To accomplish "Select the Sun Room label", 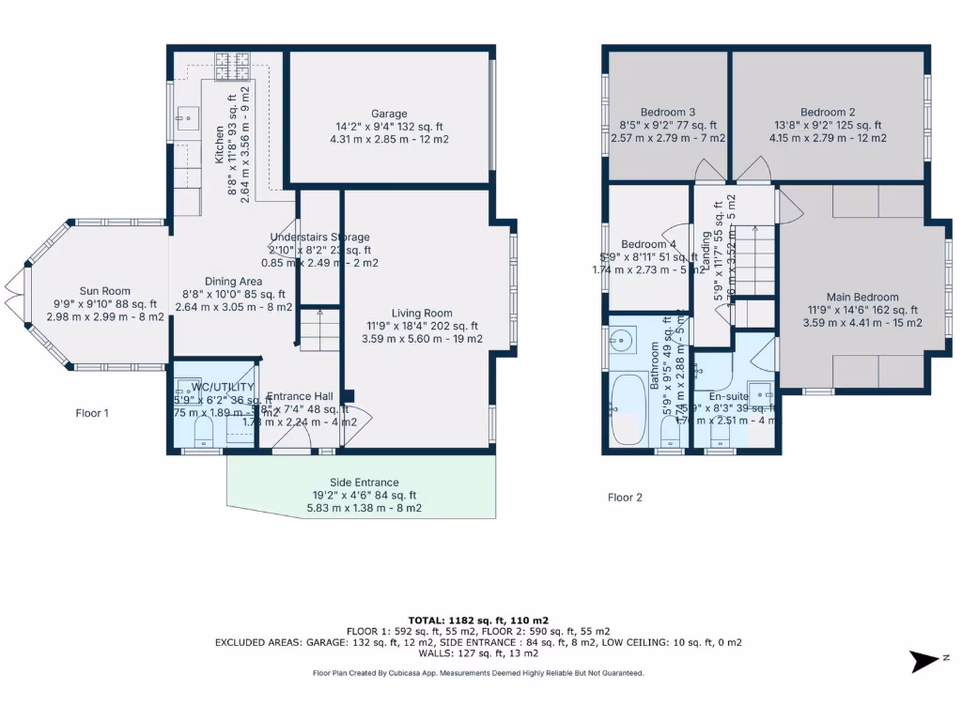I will (x=104, y=291).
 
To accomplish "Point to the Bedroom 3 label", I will (x=668, y=112).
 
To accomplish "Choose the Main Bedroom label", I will (x=862, y=298).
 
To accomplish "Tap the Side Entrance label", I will (x=364, y=482).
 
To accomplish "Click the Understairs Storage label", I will (x=319, y=238).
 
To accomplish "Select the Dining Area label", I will (x=234, y=281).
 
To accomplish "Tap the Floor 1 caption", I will (x=93, y=412).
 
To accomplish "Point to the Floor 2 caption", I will (x=625, y=498).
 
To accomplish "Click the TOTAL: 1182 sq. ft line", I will (x=480, y=620).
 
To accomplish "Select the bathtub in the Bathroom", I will (x=626, y=410).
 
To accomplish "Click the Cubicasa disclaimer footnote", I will (x=479, y=673).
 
